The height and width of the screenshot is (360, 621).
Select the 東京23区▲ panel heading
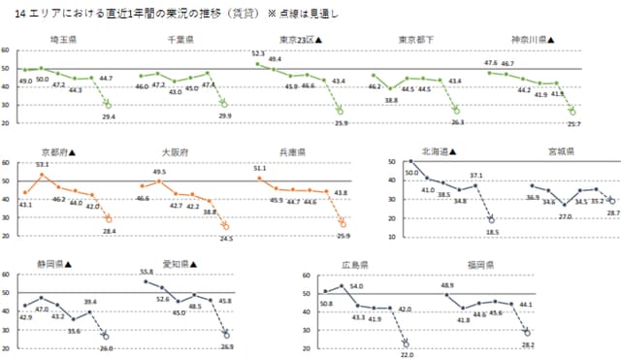coord(300,40)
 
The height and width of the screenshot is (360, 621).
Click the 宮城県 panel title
coord(560,152)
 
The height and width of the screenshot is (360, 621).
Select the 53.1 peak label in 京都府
coord(42,165)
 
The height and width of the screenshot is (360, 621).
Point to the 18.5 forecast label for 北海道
coord(492,233)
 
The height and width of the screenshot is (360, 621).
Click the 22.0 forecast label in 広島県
coord(405,355)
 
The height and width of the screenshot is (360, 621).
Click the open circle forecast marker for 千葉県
coord(225,103)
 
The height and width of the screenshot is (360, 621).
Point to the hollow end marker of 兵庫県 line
coord(342,224)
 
